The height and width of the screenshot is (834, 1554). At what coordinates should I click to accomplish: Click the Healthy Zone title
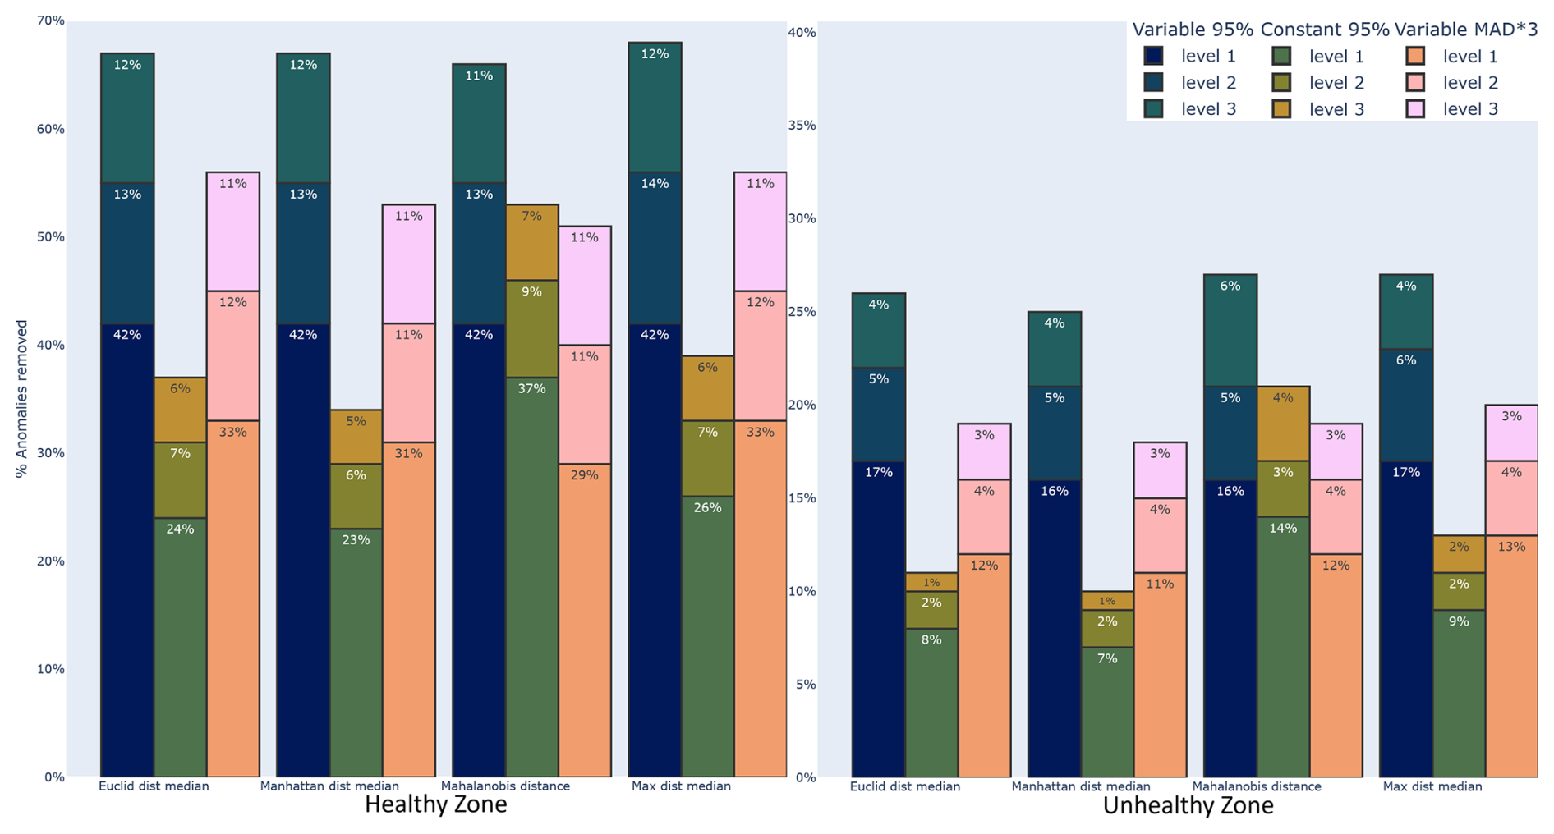(x=435, y=804)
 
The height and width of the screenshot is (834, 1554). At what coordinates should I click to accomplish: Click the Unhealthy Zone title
(x=1188, y=806)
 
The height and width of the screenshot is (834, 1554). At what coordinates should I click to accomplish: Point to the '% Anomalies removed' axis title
(x=22, y=399)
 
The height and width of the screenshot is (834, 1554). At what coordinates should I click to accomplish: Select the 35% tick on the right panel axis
(x=802, y=126)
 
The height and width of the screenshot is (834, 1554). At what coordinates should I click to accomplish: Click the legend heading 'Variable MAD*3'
(x=1465, y=30)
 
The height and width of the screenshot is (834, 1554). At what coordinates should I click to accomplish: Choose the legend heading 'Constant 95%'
(x=1324, y=30)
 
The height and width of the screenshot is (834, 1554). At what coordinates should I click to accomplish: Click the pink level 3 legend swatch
(x=1414, y=109)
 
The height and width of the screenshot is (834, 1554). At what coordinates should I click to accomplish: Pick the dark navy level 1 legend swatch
(x=1153, y=57)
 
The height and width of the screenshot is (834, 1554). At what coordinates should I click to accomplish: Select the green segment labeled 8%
(x=931, y=703)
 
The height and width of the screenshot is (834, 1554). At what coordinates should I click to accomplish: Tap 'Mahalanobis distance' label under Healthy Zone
(x=505, y=786)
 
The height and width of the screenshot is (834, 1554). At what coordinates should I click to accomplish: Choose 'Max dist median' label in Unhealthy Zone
(x=1432, y=786)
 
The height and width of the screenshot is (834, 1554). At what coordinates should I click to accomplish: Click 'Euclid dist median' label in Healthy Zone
(x=154, y=786)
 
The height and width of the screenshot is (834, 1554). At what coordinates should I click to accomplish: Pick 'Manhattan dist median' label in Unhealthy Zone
(x=1080, y=786)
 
